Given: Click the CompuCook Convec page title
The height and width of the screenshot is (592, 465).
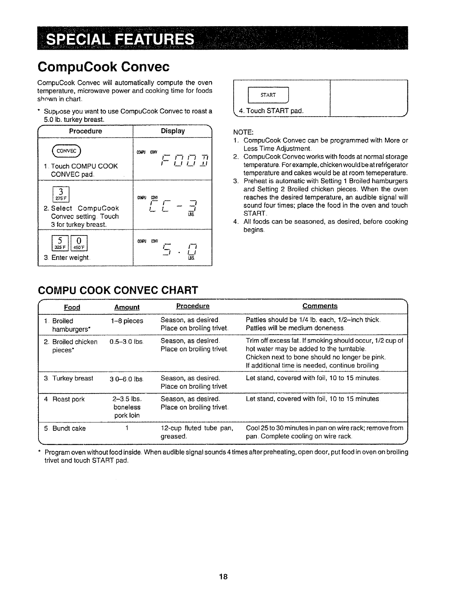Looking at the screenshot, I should coord(104,67).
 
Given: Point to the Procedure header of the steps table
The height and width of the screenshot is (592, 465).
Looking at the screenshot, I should coord(85,131).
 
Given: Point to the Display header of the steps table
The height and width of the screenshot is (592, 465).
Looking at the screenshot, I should coord(172,131).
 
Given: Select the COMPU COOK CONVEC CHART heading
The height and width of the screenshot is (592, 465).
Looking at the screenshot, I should coord(118,290).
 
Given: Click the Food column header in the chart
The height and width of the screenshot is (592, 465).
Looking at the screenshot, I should coord(72,307).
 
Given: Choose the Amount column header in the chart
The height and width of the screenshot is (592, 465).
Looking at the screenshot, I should coord(127,307).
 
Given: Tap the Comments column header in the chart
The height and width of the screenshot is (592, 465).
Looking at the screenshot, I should coord(320,306).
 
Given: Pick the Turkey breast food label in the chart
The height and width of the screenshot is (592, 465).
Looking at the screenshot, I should coord(73,378).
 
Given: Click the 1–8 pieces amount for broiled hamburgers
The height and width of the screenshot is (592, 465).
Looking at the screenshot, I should coord(127,321).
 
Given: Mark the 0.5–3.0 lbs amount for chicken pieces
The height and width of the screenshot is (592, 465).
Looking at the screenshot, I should coord(127,342).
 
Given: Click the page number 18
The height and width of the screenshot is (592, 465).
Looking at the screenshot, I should coord(224,576).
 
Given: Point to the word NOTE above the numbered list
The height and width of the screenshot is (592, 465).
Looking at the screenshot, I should coord(243,132).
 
